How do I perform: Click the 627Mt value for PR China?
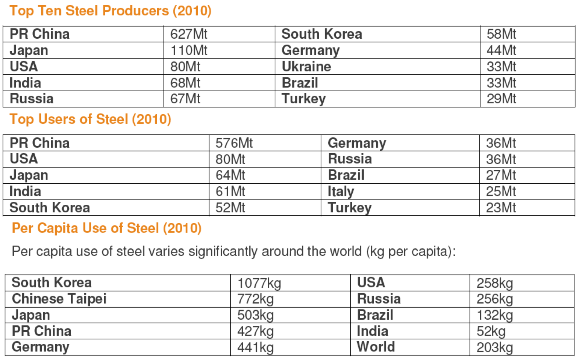point(189,34)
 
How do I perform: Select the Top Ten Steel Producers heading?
point(110,11)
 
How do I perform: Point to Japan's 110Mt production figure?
point(189,50)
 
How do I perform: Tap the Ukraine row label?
point(306,66)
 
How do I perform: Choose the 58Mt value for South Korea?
point(501,34)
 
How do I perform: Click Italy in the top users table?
point(341,192)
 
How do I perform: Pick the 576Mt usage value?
point(234,143)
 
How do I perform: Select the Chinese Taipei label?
point(59,299)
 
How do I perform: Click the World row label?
point(376,347)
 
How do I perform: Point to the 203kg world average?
point(494,347)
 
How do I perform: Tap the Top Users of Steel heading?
point(90,119)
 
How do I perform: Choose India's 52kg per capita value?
point(491,331)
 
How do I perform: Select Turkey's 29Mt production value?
point(501,99)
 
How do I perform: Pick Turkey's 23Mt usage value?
point(501,208)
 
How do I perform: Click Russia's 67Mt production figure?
point(185,99)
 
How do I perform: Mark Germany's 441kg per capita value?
point(255,347)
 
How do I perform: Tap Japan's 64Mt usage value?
point(230,175)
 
